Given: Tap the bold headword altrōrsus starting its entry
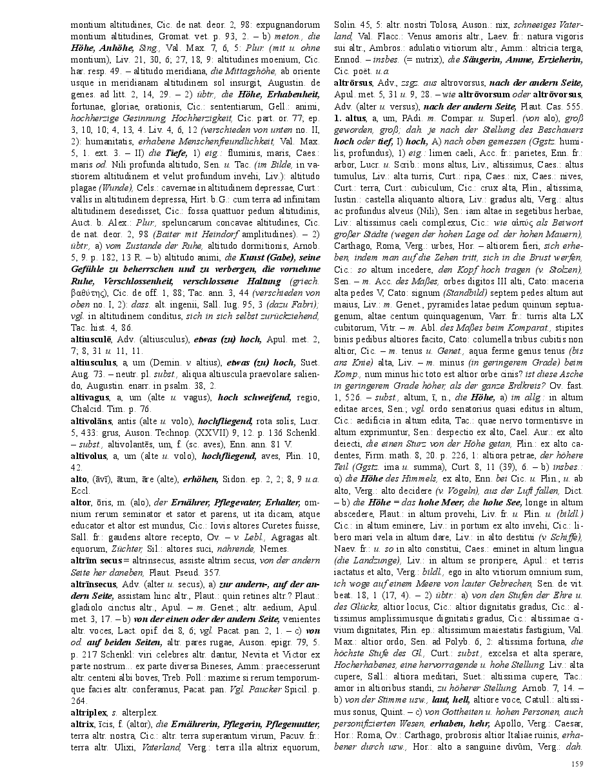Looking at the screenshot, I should (x=353, y=83).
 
